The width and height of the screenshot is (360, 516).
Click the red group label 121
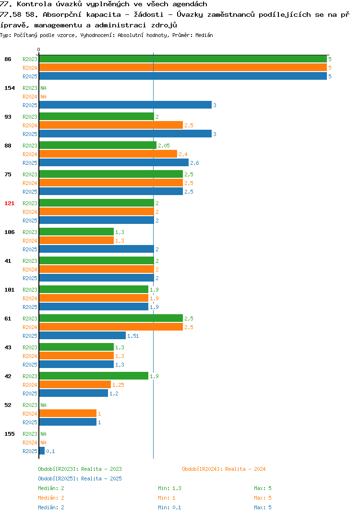click(10, 203)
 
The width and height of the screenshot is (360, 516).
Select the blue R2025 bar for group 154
click(125, 105)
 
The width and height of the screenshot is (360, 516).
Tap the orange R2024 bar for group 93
click(111, 125)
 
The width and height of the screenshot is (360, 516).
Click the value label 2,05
click(164, 146)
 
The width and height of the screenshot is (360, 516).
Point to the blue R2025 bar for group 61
click(82, 336)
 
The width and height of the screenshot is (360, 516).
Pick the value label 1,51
click(133, 336)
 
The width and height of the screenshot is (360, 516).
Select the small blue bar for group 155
click(42, 451)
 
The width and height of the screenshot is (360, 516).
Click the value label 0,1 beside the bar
click(50, 451)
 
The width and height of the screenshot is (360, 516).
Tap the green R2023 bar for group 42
click(94, 376)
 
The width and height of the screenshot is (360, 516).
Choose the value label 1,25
click(118, 385)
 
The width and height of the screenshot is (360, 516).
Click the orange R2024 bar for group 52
click(68, 413)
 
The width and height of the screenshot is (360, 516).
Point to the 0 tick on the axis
click(39, 49)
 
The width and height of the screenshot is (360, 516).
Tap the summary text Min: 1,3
click(169, 488)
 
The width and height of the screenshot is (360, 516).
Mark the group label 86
click(8, 59)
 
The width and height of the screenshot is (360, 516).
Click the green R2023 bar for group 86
click(183, 59)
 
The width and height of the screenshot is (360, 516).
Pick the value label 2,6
click(194, 163)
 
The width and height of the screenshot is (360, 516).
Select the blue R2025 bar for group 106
click(96, 249)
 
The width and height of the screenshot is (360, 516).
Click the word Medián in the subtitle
click(204, 35)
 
